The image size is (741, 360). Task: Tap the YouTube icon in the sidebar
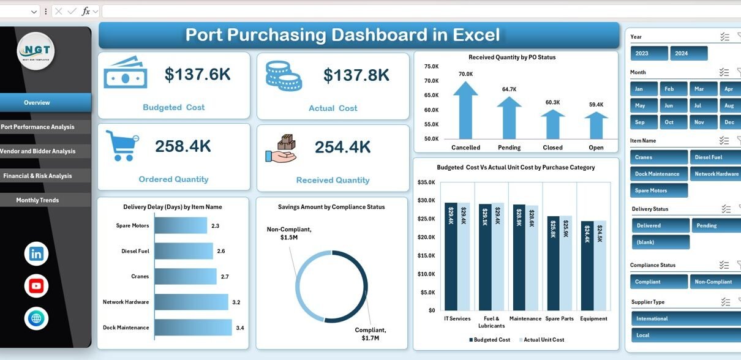[x=36, y=286]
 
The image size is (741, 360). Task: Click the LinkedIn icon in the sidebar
[x=36, y=254]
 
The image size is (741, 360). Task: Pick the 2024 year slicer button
[x=688, y=53]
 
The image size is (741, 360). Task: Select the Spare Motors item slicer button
[x=658, y=190]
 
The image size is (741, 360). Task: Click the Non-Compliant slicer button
[x=714, y=282]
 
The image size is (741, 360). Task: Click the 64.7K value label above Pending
[x=509, y=89]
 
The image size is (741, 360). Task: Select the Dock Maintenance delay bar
[x=193, y=328]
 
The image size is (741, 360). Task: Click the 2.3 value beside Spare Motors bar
[x=215, y=226]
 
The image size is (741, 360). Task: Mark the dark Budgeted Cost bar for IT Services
[x=451, y=257]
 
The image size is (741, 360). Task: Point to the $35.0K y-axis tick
[x=426, y=182]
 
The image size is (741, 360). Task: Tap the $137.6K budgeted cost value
[x=198, y=75]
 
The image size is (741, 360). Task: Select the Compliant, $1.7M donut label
[x=371, y=334]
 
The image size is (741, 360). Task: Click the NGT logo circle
[x=36, y=51]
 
